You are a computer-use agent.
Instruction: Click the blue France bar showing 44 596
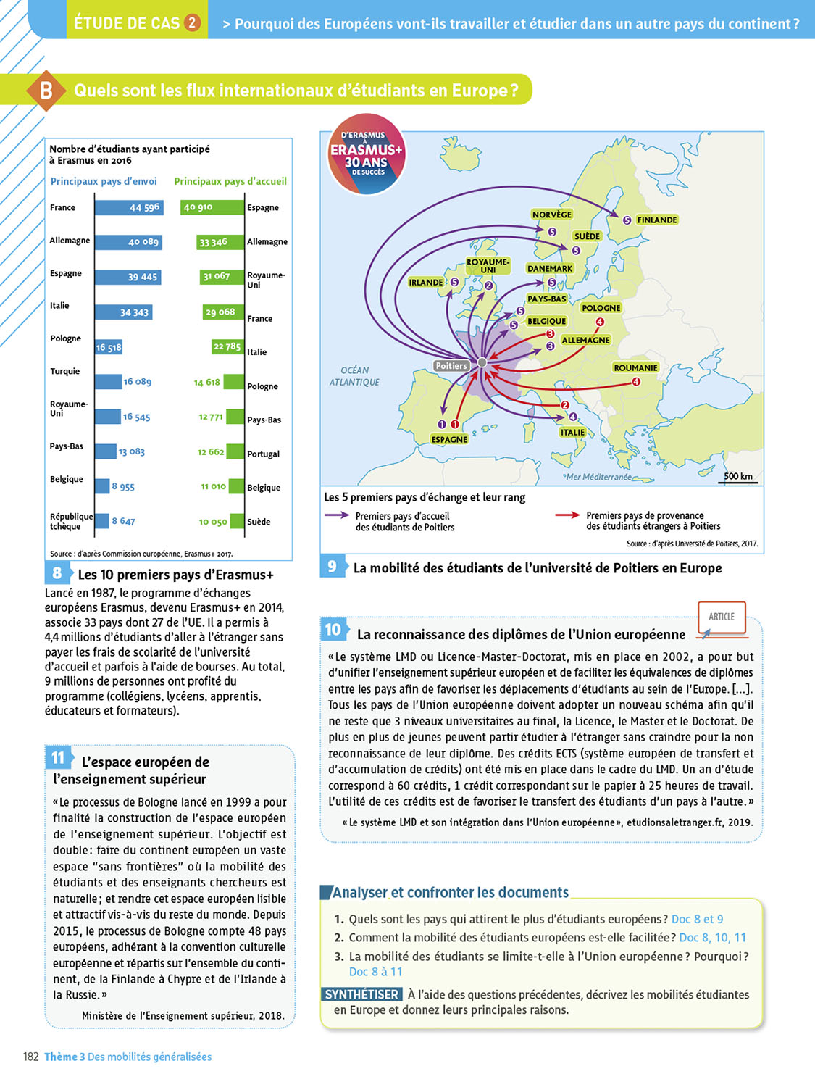[x=129, y=208]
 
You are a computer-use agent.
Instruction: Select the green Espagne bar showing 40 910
[x=212, y=207]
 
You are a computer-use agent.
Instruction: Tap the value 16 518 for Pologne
[x=109, y=348]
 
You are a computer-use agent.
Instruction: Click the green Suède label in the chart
[x=259, y=522]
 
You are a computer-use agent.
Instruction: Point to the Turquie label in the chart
[x=64, y=371]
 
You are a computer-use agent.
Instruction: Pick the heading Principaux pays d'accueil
[x=230, y=181]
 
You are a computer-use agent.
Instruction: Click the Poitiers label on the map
[x=451, y=366]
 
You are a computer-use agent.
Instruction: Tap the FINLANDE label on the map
[x=657, y=220]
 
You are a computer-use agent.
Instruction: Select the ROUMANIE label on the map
[x=635, y=367]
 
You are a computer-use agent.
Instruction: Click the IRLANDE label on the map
[x=426, y=283]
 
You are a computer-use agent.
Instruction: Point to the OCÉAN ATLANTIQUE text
[x=354, y=376]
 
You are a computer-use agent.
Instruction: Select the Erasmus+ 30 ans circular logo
[x=366, y=154]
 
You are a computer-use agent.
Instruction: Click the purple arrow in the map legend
[x=337, y=515]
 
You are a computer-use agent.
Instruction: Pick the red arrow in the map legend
[x=567, y=515]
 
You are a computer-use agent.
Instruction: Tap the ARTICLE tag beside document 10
[x=722, y=617]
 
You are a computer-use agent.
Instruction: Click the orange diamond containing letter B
[x=46, y=91]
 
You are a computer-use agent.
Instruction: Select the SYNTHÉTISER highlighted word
[x=361, y=994]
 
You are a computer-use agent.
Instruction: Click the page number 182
[x=30, y=1057]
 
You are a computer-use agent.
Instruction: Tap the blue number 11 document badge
[x=58, y=758]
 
